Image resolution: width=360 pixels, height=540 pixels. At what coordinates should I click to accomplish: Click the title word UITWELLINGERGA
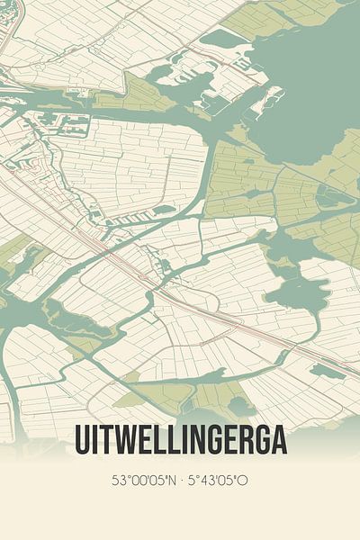(x=180, y=441)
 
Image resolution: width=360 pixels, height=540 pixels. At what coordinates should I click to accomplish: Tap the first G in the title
(x=204, y=441)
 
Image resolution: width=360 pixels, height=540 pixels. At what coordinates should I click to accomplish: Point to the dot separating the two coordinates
(x=181, y=481)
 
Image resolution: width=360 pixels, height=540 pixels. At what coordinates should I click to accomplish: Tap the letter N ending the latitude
(x=171, y=481)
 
